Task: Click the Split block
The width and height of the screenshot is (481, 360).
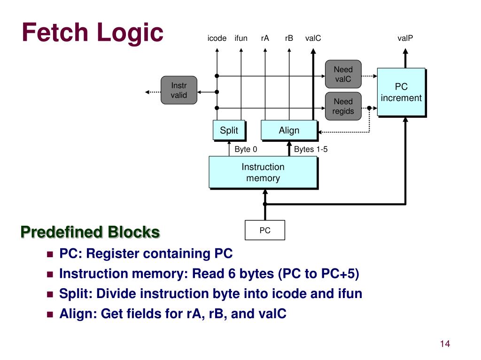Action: click(x=229, y=130)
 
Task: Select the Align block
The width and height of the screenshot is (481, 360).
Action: click(x=289, y=130)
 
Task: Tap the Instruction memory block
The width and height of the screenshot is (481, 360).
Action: click(x=263, y=172)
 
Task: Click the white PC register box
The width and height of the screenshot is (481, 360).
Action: click(x=265, y=230)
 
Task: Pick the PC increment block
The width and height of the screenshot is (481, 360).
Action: click(x=401, y=92)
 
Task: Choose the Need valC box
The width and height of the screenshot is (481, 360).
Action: click(x=343, y=74)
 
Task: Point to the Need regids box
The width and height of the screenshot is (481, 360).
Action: click(x=343, y=107)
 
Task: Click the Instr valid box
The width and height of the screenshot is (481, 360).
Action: click(x=178, y=90)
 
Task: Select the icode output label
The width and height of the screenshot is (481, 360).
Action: click(x=217, y=38)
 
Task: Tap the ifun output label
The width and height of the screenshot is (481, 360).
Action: click(x=241, y=38)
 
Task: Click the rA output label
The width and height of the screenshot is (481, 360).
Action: click(x=265, y=38)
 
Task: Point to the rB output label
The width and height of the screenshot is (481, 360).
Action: click(x=289, y=38)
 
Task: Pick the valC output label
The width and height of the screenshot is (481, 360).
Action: click(x=313, y=38)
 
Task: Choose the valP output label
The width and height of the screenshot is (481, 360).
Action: click(x=405, y=38)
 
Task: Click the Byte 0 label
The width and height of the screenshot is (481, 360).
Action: click(x=246, y=150)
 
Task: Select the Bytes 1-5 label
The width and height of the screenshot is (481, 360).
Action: click(x=310, y=150)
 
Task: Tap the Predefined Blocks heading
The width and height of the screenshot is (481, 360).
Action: click(x=90, y=232)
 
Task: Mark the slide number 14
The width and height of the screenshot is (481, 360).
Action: click(x=445, y=344)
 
